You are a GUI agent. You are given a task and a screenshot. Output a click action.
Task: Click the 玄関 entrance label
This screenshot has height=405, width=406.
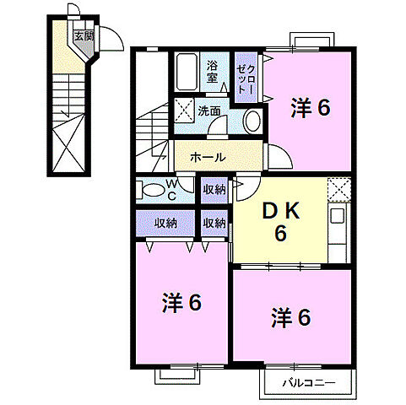tap(84, 35)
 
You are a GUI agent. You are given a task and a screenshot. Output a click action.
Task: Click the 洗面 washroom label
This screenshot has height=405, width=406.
tap(209, 111)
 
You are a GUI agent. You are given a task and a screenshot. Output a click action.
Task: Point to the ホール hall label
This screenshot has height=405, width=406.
tap(207, 157)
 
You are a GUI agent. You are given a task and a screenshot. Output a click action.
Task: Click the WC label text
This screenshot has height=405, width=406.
tap(170, 189)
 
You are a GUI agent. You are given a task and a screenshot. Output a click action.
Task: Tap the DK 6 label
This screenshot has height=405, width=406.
tap(278, 220)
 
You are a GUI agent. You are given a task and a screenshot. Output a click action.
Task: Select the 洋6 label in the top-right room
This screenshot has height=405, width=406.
tap(310, 107)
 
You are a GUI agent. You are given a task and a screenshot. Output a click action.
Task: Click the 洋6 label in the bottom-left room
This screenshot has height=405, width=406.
tap(181, 302)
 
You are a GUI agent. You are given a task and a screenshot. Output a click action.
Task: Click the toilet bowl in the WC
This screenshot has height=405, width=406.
tap(150, 190)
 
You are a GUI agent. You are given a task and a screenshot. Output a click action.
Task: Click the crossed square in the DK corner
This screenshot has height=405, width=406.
tap(338, 190)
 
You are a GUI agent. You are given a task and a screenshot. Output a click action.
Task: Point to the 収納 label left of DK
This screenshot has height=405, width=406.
tap(214, 223)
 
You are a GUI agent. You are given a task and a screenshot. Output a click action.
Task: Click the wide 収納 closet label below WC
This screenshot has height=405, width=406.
tap(166, 223)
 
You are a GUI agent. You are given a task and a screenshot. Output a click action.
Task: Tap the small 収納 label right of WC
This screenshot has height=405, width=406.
tap(214, 189)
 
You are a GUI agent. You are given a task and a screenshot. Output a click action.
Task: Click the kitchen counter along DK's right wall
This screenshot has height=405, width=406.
tap(337, 232)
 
